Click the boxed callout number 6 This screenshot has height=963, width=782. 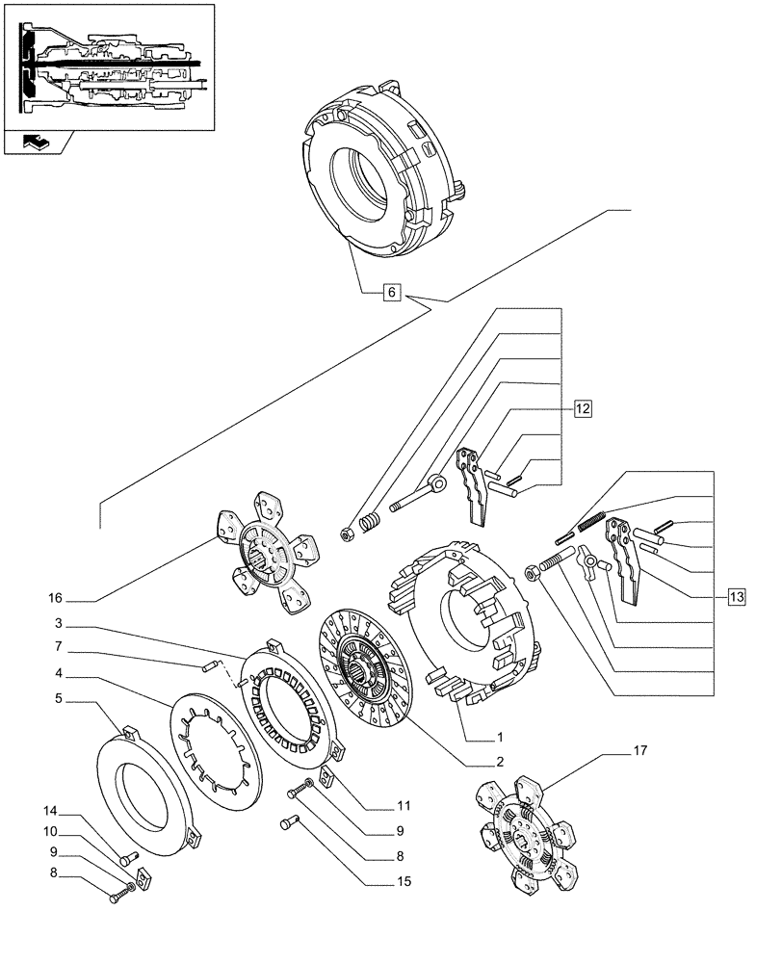[x=392, y=292]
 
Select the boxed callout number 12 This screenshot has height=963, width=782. [x=583, y=408]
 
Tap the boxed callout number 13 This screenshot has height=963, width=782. [x=737, y=596]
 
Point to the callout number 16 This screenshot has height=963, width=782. [x=55, y=598]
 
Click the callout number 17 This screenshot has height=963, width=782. [x=640, y=750]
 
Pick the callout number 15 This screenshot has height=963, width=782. [x=404, y=881]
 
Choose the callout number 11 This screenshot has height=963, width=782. [x=404, y=806]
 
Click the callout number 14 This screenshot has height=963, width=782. [x=50, y=811]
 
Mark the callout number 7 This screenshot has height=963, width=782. [x=59, y=646]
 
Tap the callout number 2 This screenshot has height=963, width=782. [x=500, y=762]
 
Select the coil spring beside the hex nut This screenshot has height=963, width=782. [x=369, y=523]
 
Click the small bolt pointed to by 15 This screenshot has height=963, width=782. [x=289, y=821]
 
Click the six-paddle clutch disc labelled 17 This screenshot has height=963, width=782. [x=527, y=832]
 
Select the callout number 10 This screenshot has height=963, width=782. [x=50, y=832]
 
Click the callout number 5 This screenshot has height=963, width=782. [x=59, y=698]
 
